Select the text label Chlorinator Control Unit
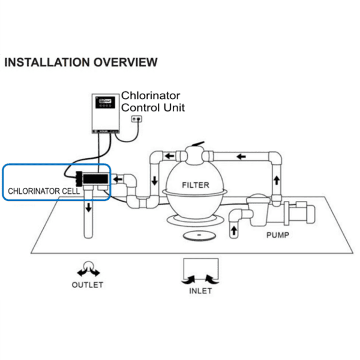[x=152, y=101]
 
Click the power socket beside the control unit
[x=139, y=120]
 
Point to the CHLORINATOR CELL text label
[x=41, y=191]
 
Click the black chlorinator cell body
[x=95, y=178]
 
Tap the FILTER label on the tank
[x=195, y=185]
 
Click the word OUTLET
[x=88, y=284]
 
